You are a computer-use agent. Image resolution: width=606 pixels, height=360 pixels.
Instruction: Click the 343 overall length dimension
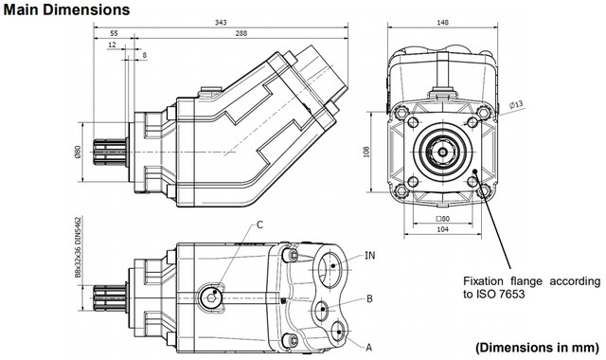(x=221, y=23)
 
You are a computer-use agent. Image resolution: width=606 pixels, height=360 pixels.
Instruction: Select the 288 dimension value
(x=241, y=34)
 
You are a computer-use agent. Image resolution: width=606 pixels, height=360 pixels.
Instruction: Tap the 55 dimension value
(x=114, y=34)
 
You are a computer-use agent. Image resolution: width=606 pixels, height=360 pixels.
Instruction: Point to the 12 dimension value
(x=112, y=45)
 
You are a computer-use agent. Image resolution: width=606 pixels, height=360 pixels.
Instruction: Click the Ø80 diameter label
(x=78, y=152)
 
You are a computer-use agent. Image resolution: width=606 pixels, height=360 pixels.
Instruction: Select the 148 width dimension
(x=442, y=23)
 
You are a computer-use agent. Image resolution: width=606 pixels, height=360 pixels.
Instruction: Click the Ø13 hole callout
(x=515, y=104)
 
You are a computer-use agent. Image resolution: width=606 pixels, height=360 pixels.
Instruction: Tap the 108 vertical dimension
(x=366, y=152)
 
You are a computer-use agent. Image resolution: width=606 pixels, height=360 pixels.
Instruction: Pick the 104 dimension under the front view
(x=442, y=229)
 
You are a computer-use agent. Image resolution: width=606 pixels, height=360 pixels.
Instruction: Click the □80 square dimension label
(x=442, y=219)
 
